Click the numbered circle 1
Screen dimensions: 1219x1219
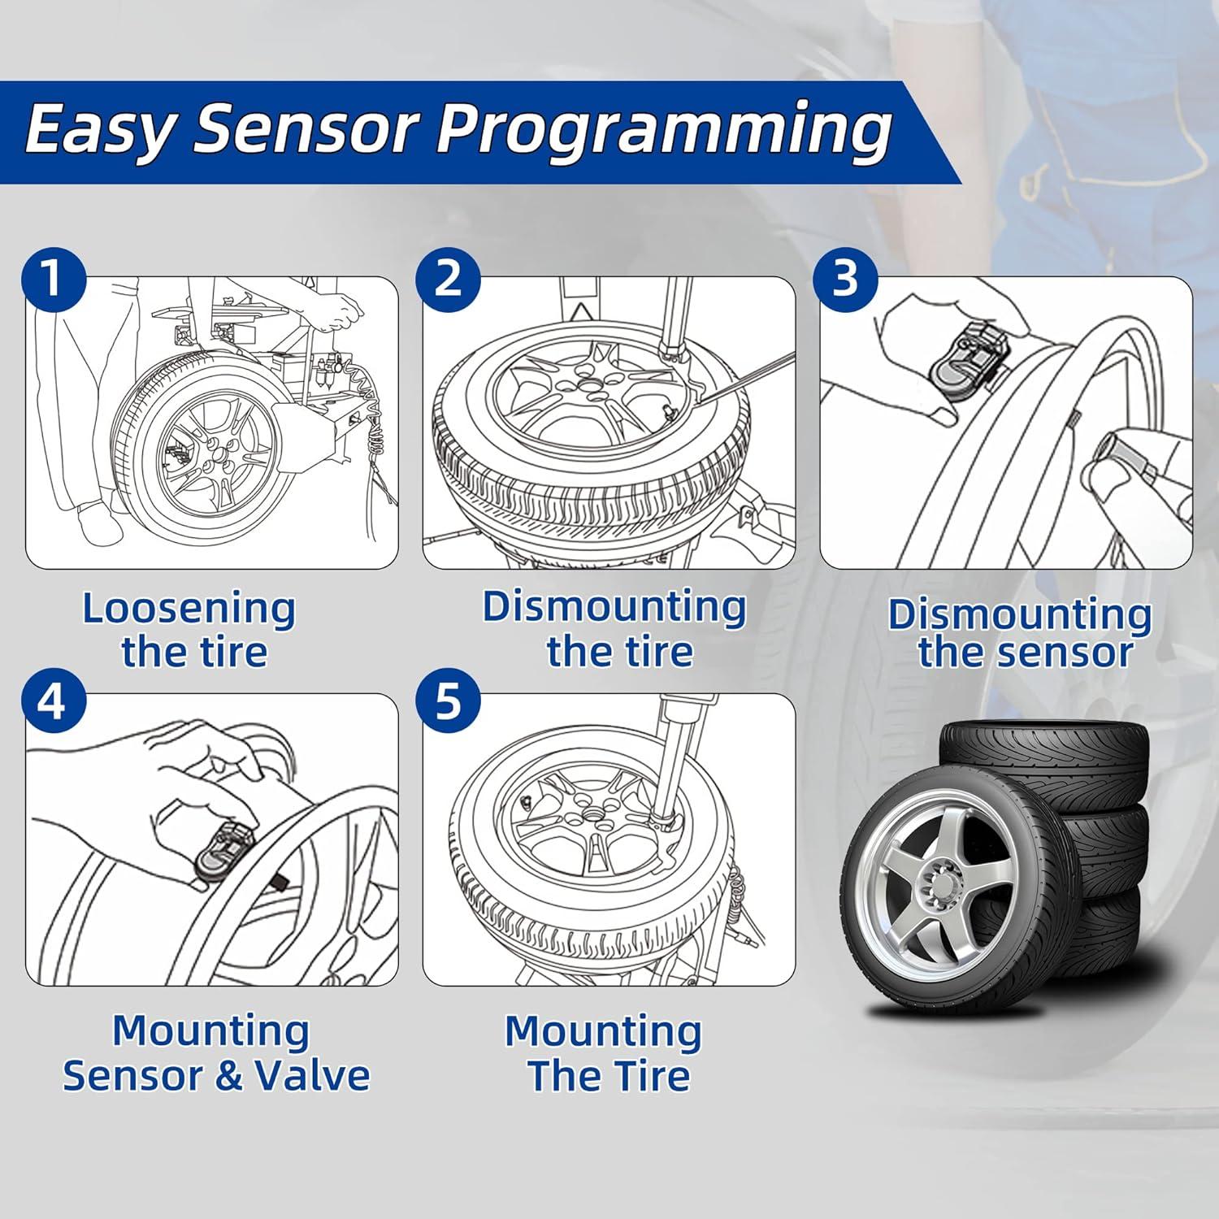pos(52,279)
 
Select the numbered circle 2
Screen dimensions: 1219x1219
pos(448,279)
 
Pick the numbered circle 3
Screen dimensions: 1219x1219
pos(845,279)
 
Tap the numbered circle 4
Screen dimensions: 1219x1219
pos(52,701)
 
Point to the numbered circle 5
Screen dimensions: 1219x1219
pos(448,701)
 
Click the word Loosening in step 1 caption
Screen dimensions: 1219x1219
pos(189,608)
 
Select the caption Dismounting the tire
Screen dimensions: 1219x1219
pos(615,628)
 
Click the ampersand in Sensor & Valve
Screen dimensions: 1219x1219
pos(230,1074)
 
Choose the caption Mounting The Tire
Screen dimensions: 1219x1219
pos(604,1053)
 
